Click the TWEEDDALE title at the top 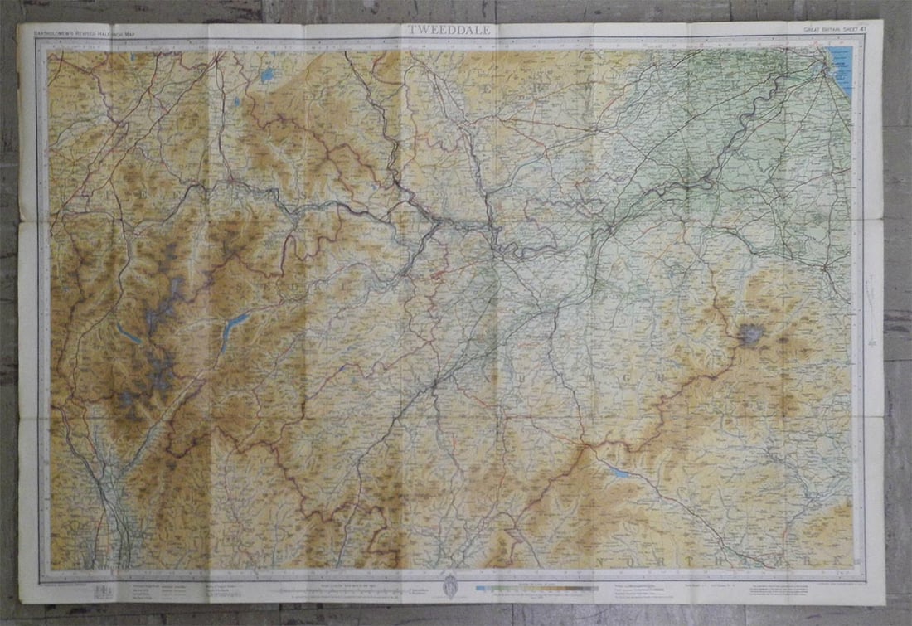[x=449, y=30]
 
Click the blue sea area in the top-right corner [x=841, y=66]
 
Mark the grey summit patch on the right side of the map [x=751, y=335]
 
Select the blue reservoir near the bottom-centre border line [x=619, y=472]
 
